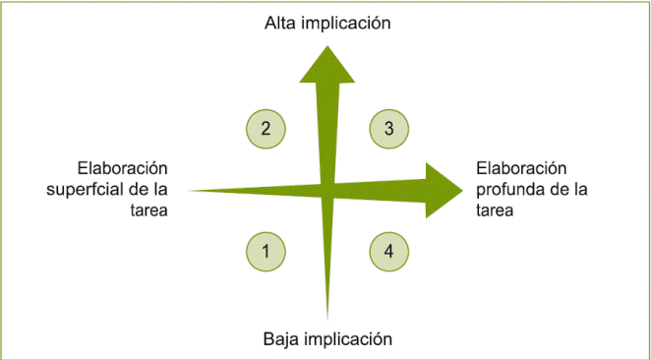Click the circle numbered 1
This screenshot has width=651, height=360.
pos(266,251)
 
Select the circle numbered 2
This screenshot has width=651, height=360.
pos(266,128)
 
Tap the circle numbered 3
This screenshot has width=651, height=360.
pos(388,128)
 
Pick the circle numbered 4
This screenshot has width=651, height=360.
pos(388,251)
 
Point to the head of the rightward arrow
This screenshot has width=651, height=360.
pos(443,186)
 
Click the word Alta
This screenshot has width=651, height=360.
pos(281,22)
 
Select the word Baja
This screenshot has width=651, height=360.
pos(281,339)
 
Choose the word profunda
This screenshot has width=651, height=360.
pos(507,189)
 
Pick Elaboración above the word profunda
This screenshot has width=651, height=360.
pos(522,167)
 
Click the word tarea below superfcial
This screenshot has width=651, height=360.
pos(149,210)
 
